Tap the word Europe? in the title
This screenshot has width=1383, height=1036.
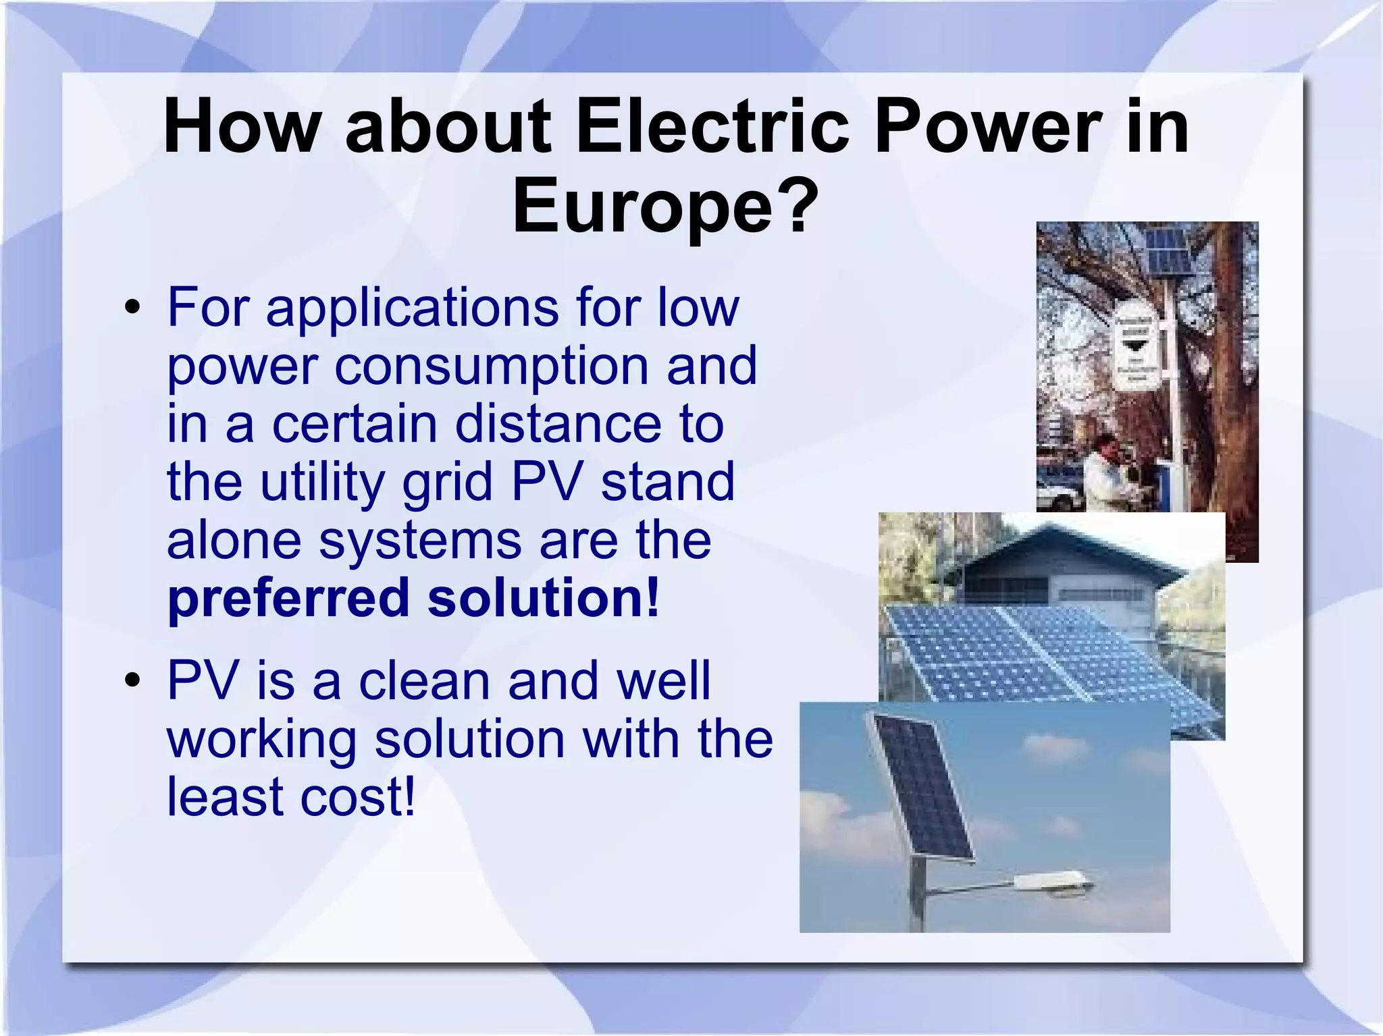[665, 205]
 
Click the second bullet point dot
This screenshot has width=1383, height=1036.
[132, 680]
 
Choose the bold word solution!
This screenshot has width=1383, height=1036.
[543, 597]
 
